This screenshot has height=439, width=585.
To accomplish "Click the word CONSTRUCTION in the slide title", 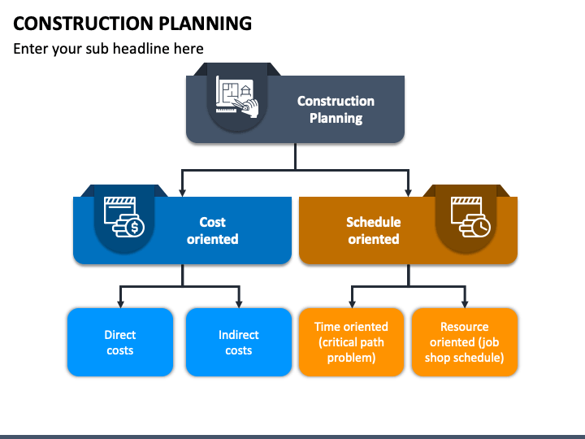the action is (83, 23).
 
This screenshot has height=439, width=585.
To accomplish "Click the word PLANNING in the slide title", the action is (206, 23).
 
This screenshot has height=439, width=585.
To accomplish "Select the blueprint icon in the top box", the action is (237, 97).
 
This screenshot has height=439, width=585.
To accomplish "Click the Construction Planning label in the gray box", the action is (336, 110).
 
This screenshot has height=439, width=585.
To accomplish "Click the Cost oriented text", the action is (212, 230).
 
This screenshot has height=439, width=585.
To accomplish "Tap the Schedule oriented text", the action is (374, 230).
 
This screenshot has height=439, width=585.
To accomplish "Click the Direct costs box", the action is (120, 342).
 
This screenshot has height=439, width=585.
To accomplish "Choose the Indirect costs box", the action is (239, 342).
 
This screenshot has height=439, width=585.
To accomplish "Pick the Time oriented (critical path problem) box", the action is (352, 342).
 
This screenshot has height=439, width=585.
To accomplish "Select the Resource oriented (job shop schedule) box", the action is (465, 342).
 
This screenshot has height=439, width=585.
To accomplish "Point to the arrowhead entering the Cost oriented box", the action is (182, 192).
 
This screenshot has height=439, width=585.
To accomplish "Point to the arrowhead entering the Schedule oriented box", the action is (408, 192).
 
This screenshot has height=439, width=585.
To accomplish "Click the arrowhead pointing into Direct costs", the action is (120, 303).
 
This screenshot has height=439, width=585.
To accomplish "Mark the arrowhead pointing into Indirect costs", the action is (239, 303).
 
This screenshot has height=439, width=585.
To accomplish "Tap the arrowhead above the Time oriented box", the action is (352, 303).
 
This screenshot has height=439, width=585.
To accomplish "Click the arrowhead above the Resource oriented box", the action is (465, 303).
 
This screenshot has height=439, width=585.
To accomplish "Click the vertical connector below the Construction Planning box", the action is (295, 156).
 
